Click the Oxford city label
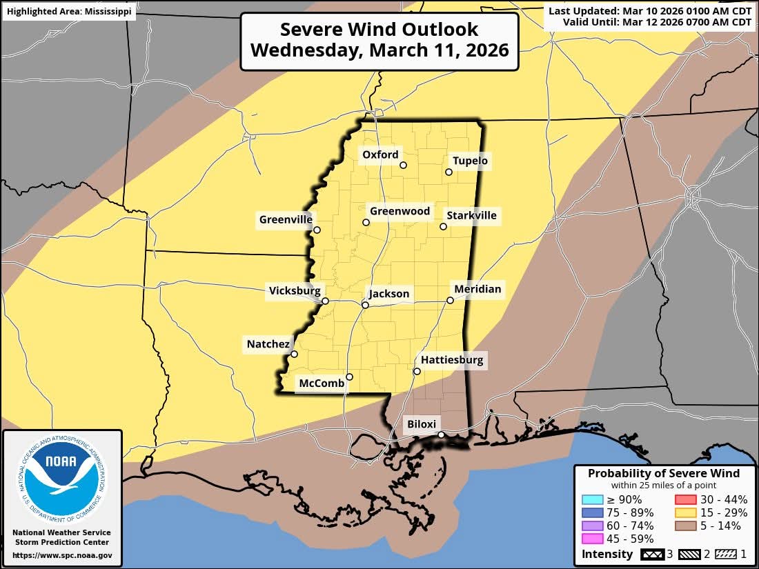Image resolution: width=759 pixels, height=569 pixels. pyautogui.click(x=380, y=154)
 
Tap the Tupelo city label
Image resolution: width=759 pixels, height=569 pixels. pyautogui.click(x=470, y=161)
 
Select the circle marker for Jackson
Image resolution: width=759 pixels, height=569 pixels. pyautogui.click(x=366, y=305)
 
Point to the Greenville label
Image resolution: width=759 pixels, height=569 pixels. pyautogui.click(x=286, y=220)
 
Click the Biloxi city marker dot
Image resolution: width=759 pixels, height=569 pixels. pyautogui.click(x=441, y=435)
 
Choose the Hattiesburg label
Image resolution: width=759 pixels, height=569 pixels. pyautogui.click(x=452, y=360)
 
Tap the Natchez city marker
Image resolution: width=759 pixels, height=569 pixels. pyautogui.click(x=294, y=355)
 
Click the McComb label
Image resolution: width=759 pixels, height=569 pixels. pyautogui.click(x=321, y=383)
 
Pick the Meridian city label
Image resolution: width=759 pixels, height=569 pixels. pyautogui.click(x=477, y=288)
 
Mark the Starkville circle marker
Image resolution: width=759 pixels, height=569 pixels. pyautogui.click(x=444, y=226)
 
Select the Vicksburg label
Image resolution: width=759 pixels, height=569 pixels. pyautogui.click(x=295, y=291)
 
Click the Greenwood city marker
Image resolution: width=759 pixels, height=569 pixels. pyautogui.click(x=366, y=222)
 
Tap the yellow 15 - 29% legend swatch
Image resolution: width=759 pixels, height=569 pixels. pyautogui.click(x=684, y=512)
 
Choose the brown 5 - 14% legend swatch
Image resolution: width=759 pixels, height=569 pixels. pyautogui.click(x=684, y=526)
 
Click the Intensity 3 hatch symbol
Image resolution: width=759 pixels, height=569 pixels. pyautogui.click(x=651, y=554)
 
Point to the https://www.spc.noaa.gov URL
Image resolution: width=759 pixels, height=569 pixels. pyautogui.click(x=62, y=555)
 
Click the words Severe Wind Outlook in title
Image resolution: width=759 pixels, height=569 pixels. pyautogui.click(x=379, y=30)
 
